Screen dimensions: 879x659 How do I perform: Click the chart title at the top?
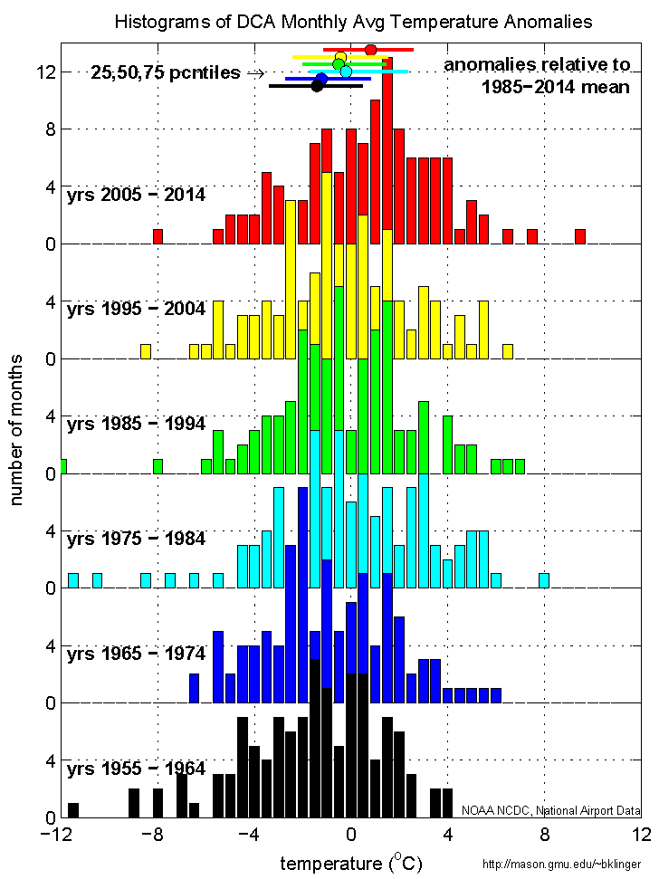pyautogui.click(x=354, y=21)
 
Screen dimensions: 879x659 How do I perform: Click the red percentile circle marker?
pyautogui.click(x=370, y=50)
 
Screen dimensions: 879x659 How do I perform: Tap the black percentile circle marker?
pyautogui.click(x=317, y=86)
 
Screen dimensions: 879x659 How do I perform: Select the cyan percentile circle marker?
pyautogui.click(x=346, y=72)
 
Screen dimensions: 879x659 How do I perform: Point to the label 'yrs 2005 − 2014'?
pyautogui.click(x=136, y=194)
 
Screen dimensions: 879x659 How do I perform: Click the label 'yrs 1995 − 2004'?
pyautogui.click(x=136, y=309)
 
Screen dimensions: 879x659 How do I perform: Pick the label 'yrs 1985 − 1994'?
pyautogui.click(x=136, y=424)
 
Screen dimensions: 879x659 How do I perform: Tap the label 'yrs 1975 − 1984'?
pyautogui.click(x=136, y=539)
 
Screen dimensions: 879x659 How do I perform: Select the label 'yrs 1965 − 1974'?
pyautogui.click(x=136, y=653)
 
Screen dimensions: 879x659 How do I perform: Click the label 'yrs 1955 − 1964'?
pyautogui.click(x=136, y=769)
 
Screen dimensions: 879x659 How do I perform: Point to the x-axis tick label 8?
pyautogui.click(x=544, y=834)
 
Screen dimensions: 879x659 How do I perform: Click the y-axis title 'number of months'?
pyautogui.click(x=17, y=430)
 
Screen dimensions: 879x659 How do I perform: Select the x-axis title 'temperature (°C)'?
pyautogui.click(x=351, y=862)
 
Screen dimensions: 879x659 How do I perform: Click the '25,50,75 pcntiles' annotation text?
pyautogui.click(x=167, y=73)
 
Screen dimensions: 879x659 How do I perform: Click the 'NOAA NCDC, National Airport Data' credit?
pyautogui.click(x=550, y=810)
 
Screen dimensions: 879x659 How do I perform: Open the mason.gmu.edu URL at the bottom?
pyautogui.click(x=568, y=865)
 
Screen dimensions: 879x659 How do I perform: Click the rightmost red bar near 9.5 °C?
pyautogui.click(x=580, y=236)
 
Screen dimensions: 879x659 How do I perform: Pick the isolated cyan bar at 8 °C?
pyautogui.click(x=544, y=580)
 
